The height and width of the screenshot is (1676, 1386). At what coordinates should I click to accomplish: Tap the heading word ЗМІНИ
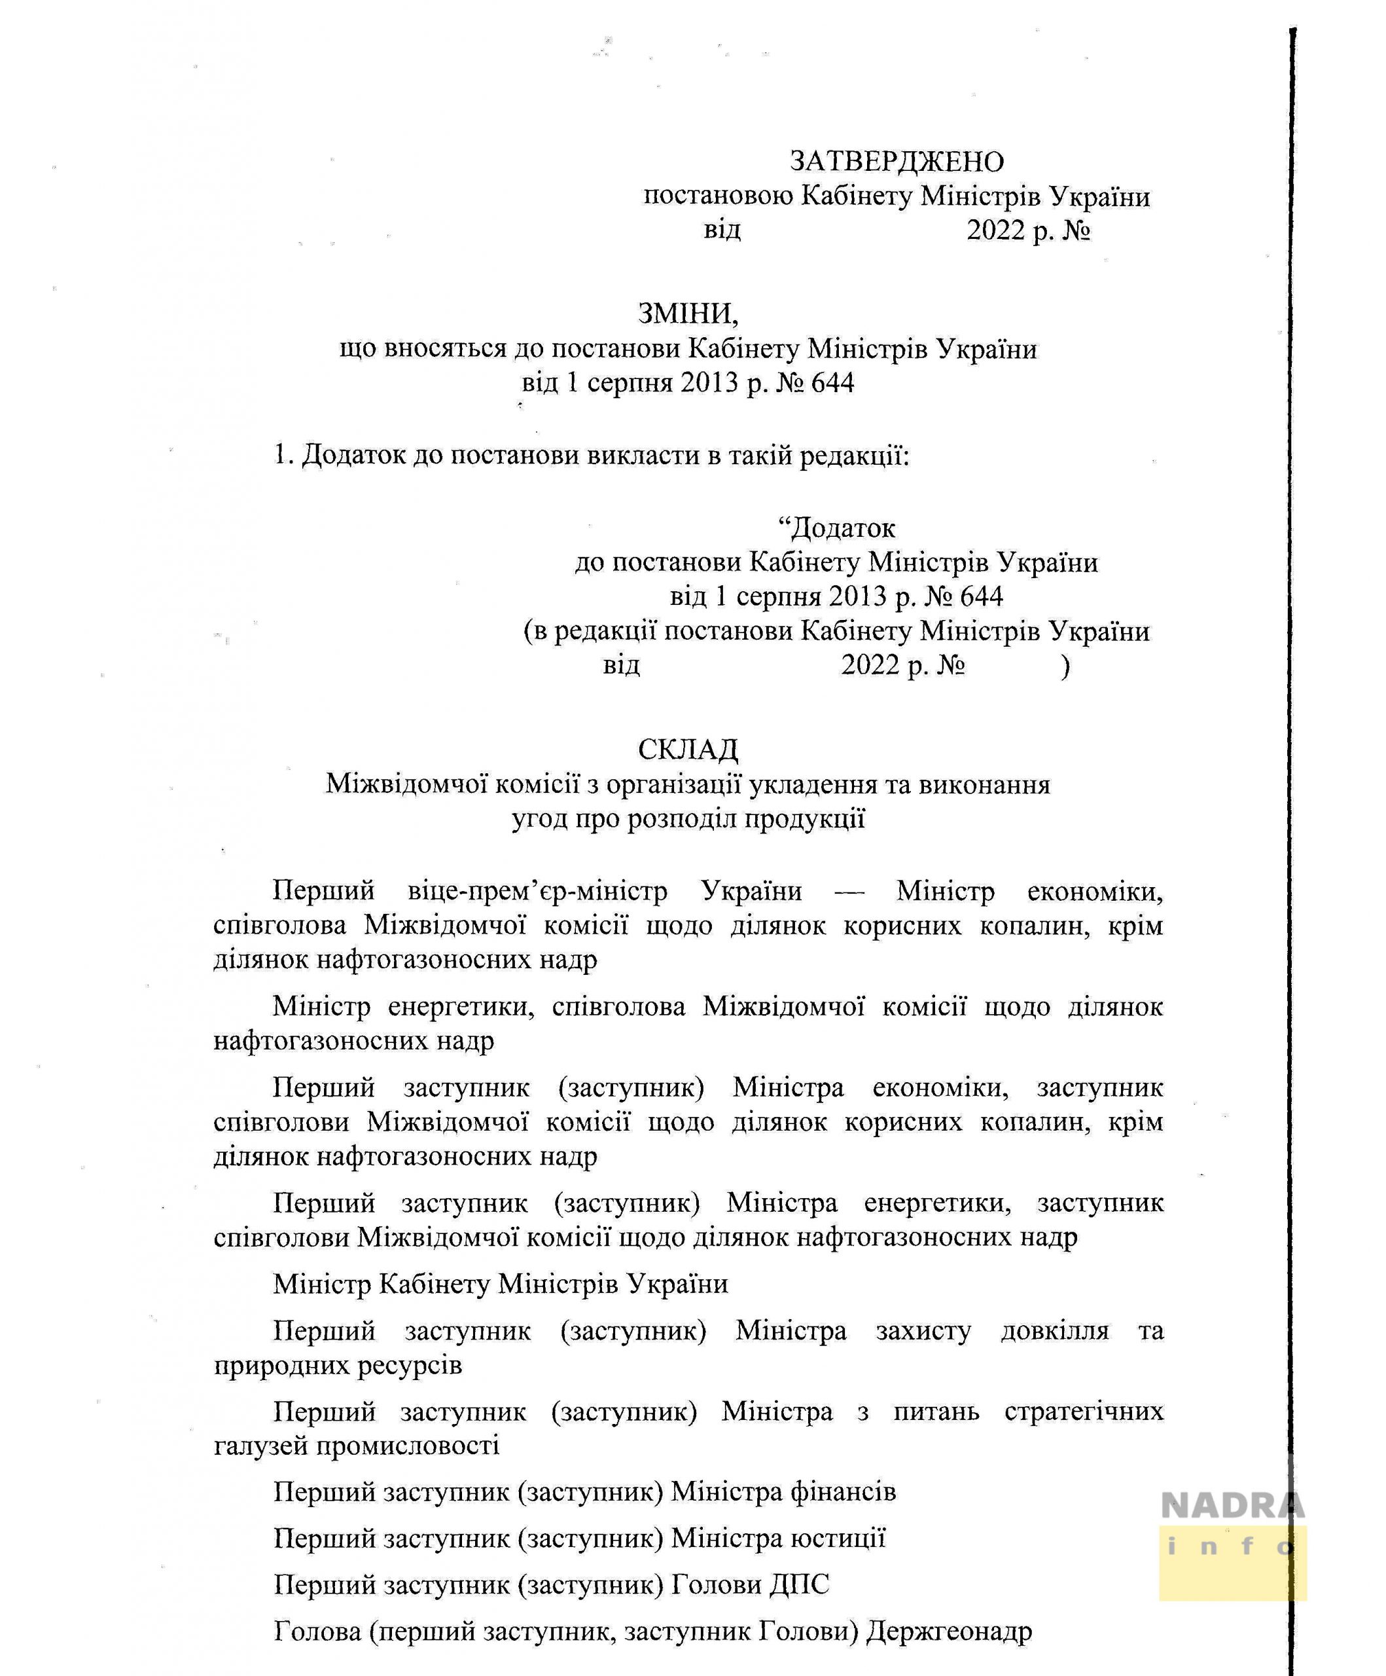click(x=687, y=314)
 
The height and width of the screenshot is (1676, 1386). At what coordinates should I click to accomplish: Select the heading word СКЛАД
click(x=688, y=750)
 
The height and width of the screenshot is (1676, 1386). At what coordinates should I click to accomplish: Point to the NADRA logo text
click(x=1232, y=1505)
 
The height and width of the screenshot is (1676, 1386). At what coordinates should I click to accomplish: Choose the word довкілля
click(x=1055, y=1330)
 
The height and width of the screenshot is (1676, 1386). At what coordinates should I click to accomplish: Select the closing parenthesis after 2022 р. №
click(x=1065, y=666)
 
